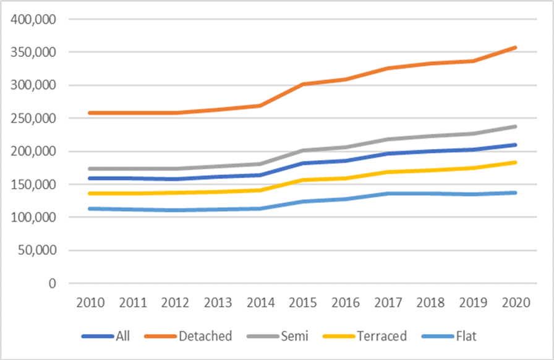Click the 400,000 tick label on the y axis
click(x=34, y=19)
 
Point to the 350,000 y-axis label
click(x=34, y=53)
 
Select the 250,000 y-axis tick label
click(x=34, y=118)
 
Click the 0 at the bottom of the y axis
click(x=53, y=283)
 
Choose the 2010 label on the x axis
click(x=91, y=303)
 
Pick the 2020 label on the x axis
click(x=515, y=303)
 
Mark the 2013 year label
click(x=218, y=303)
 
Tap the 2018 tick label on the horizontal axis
click(x=430, y=303)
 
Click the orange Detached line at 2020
click(x=515, y=48)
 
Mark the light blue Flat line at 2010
click(x=91, y=208)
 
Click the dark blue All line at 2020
click(x=515, y=145)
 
